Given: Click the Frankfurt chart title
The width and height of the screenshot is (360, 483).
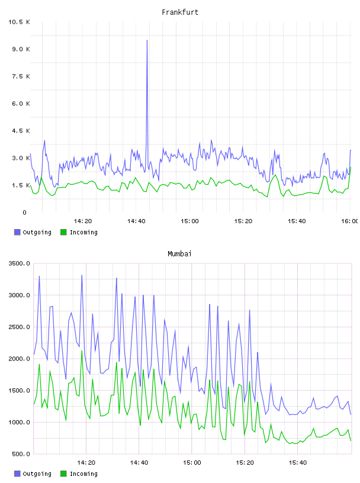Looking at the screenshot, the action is tap(180, 12).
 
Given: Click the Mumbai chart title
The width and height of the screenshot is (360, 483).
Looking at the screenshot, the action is tap(179, 254).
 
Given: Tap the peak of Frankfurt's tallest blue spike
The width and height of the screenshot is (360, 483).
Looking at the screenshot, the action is tap(147, 40).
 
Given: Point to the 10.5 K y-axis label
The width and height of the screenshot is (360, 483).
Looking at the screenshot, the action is tap(19, 22).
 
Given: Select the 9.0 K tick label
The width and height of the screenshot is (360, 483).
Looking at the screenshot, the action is tap(21, 49).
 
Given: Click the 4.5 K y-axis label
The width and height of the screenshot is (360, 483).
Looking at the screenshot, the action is tap(21, 131).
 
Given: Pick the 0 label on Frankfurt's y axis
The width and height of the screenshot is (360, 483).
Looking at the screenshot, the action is tap(24, 212).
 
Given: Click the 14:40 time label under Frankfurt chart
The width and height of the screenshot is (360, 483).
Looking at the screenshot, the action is tap(136, 221).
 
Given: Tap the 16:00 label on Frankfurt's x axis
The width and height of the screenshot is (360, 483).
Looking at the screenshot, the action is tap(349, 221).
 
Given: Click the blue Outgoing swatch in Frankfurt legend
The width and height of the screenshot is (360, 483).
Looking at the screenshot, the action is tap(17, 232).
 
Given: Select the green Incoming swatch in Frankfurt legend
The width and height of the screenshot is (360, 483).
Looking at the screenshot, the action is tap(63, 232).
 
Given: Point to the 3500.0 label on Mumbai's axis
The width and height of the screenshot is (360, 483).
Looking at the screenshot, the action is tap(19, 263).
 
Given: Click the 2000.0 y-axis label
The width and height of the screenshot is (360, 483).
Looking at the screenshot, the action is tap(19, 359).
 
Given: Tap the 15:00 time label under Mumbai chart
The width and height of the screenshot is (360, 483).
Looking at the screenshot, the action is tap(192, 463).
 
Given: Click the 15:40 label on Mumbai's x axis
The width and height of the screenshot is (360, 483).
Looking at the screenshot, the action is tap(298, 463).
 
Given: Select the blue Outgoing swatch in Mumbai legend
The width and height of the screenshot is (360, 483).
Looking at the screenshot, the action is tap(17, 474).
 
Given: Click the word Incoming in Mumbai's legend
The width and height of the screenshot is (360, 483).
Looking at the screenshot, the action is tap(83, 474).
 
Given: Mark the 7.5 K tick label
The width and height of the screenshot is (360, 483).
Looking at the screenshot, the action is tap(21, 76).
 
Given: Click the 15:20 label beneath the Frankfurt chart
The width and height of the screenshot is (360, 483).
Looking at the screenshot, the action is tap(243, 221).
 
